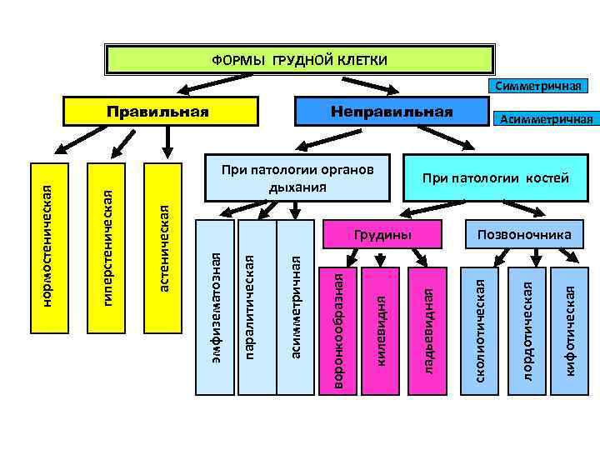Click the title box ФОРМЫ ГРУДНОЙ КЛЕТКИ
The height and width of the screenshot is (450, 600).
point(300,60)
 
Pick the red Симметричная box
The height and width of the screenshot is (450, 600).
point(537,86)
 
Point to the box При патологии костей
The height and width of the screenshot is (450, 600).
point(495,178)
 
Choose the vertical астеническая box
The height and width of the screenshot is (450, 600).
point(164,246)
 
